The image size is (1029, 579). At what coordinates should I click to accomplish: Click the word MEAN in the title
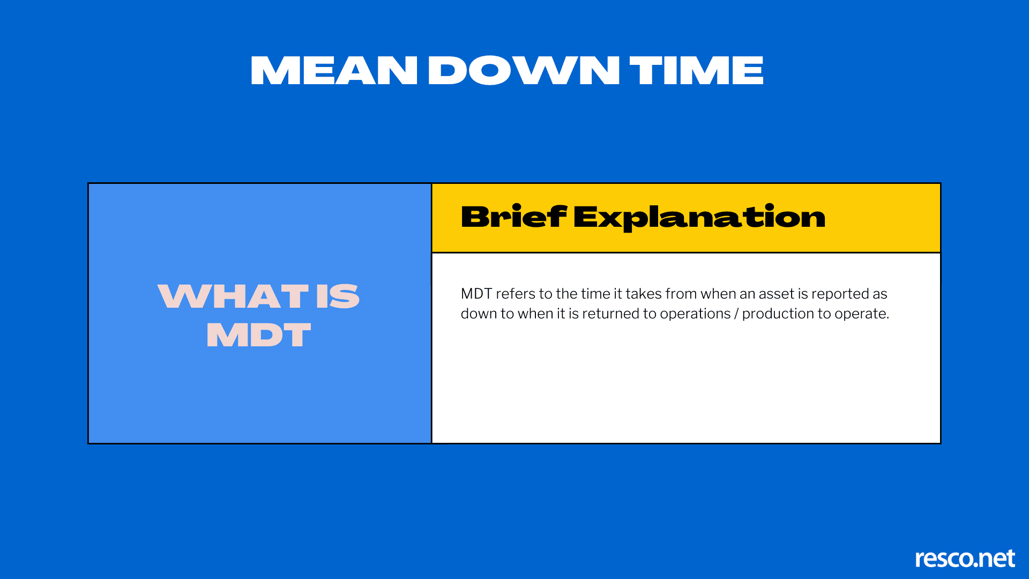pos(333,71)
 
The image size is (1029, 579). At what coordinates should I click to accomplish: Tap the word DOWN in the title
pos(524,71)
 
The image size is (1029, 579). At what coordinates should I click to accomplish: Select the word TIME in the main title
pos(696,71)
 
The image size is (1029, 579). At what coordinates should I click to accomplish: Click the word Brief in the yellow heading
pos(513,217)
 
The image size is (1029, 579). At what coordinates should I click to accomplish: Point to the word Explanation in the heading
pos(699,217)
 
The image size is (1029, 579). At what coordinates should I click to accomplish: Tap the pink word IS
pos(338,296)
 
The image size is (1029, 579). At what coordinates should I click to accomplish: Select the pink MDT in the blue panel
pos(259,335)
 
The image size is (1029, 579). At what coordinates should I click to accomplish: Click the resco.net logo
pos(965,559)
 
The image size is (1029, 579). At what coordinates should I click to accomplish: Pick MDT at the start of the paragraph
pos(476,294)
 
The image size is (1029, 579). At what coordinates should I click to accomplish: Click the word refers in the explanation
pos(515,294)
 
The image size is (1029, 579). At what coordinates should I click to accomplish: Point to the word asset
pos(776,294)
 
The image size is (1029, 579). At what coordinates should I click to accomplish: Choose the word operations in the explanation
pos(695,314)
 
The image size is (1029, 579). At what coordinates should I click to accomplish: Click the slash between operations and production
pos(736,314)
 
